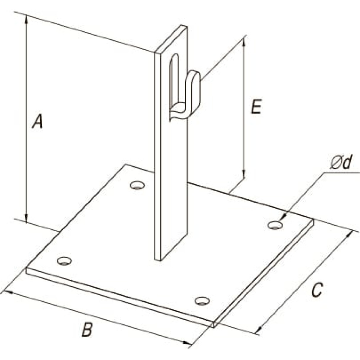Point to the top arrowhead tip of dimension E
[x=244, y=39]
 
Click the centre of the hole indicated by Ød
[x=275, y=225]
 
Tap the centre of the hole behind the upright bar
[x=137, y=185]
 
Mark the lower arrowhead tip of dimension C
[x=256, y=333]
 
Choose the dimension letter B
[x=87, y=330]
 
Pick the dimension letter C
[x=317, y=290]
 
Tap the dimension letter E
[x=256, y=107]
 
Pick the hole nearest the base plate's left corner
[x=64, y=261]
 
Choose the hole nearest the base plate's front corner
[x=202, y=301]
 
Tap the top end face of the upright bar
[x=171, y=39]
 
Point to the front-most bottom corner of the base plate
[x=214, y=327]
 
